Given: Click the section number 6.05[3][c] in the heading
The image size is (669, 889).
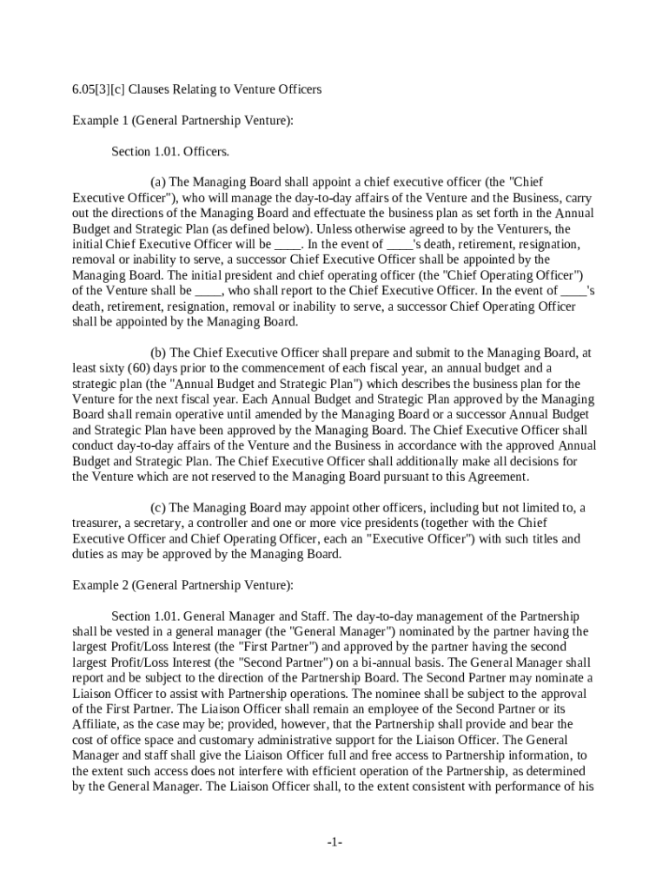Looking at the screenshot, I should point(103,89).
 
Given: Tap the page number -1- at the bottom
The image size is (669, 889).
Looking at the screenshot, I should point(334,843).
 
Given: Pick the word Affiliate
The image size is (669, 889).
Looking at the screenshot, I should point(96,724).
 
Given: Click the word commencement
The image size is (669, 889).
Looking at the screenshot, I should point(253,368).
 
